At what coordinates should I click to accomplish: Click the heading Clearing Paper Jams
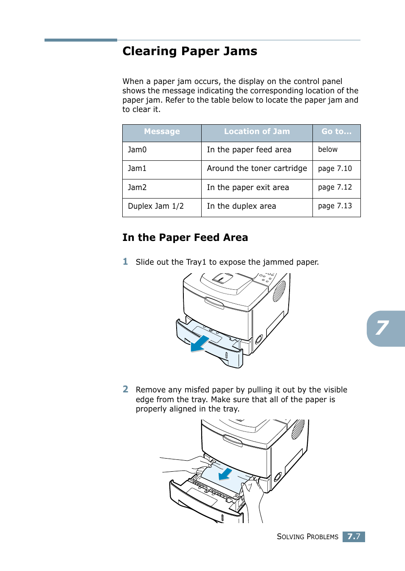click(190, 51)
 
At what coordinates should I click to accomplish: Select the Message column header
click(162, 132)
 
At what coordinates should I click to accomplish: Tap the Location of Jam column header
click(257, 132)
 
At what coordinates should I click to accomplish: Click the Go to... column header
click(336, 132)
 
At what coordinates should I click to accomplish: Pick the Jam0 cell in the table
click(137, 150)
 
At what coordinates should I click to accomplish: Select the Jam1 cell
click(137, 168)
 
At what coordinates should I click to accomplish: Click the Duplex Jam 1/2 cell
click(156, 206)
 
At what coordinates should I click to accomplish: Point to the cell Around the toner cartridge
click(257, 168)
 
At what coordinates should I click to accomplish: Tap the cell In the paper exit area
click(248, 188)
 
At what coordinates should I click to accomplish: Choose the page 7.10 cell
click(335, 168)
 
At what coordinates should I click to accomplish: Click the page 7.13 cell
click(335, 206)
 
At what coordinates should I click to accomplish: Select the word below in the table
click(328, 150)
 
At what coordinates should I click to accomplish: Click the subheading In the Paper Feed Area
click(185, 238)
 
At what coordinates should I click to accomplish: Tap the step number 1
click(125, 262)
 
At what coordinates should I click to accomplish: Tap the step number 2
click(125, 389)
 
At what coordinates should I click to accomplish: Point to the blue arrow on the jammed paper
click(225, 474)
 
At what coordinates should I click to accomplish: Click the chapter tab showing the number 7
click(383, 328)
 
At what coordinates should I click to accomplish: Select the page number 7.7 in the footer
click(354, 537)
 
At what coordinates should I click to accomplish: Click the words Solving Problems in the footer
click(307, 537)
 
